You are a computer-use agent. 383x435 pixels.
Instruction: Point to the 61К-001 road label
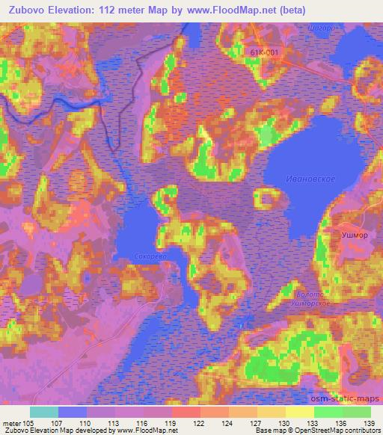[266, 51]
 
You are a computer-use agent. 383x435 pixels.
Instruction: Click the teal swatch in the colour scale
[44, 412]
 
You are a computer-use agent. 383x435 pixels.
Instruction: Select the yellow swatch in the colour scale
[299, 412]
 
